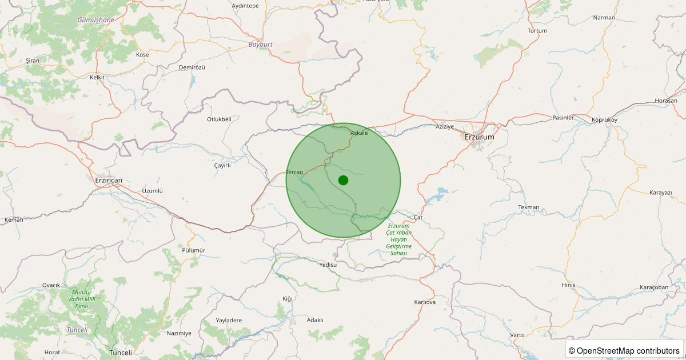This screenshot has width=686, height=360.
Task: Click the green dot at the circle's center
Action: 343,180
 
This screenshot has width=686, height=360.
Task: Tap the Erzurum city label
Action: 479,137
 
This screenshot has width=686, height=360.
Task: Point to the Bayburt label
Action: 260,44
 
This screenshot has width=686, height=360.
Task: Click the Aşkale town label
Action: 359,133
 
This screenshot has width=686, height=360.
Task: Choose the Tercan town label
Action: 294,172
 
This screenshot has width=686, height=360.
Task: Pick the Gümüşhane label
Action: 95,19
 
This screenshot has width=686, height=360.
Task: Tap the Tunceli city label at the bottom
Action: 120,353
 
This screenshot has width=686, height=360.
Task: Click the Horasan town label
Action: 666,101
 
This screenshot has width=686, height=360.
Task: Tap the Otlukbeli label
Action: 219,119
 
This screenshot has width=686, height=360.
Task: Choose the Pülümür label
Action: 193,250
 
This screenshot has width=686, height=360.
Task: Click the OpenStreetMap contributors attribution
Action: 625,350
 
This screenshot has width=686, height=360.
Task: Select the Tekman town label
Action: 528,207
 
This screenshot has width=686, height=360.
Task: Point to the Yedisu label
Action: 329,265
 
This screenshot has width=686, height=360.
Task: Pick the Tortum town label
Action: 538,30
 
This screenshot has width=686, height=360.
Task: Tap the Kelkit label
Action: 98,77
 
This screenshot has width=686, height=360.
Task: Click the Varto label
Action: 517,334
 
